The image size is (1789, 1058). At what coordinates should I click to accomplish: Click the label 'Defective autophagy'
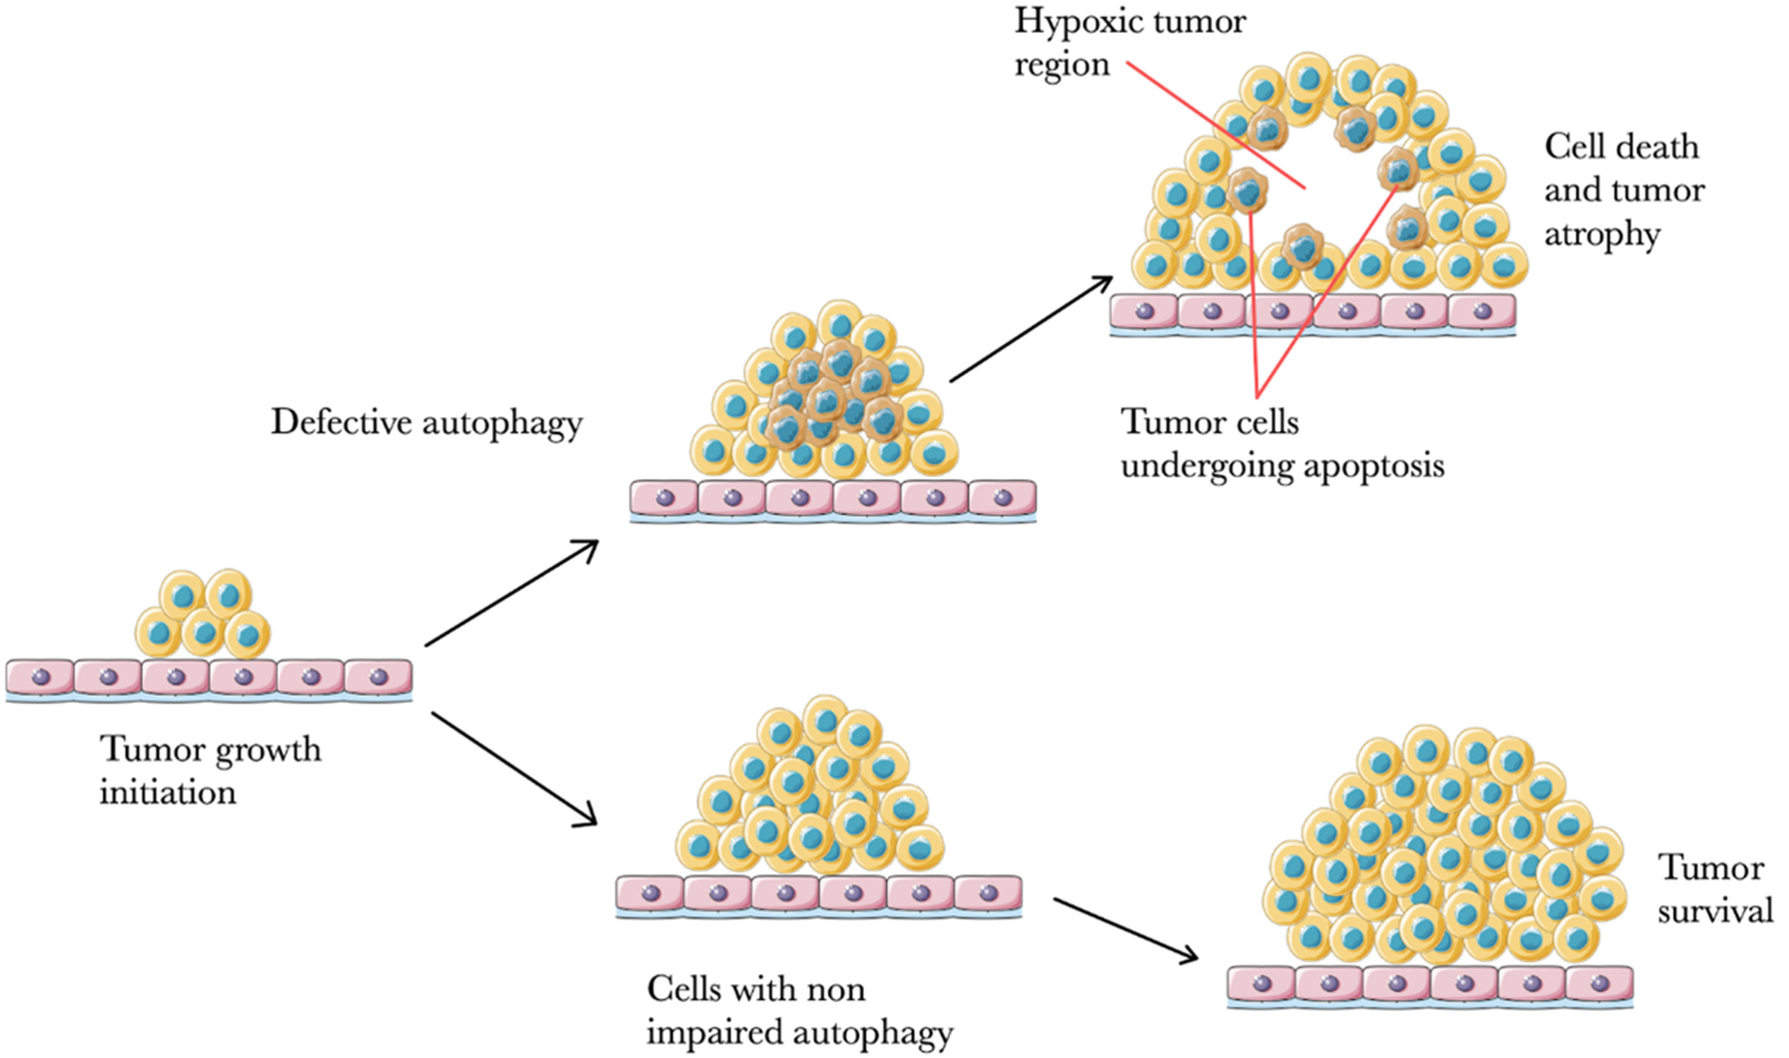426,422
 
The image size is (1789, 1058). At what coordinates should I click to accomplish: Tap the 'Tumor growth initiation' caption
210,771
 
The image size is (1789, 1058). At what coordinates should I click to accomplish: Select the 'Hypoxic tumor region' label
1129,43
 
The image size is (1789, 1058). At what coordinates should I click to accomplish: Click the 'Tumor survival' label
1714,889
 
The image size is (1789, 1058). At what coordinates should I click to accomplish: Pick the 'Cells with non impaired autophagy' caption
799,1010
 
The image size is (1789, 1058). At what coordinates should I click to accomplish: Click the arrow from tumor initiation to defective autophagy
511,593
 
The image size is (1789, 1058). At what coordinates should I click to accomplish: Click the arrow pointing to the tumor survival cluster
1125,930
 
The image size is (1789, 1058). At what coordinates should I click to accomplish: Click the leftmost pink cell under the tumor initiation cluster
40,676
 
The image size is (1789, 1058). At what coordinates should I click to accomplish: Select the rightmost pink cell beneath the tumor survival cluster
1599,984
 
